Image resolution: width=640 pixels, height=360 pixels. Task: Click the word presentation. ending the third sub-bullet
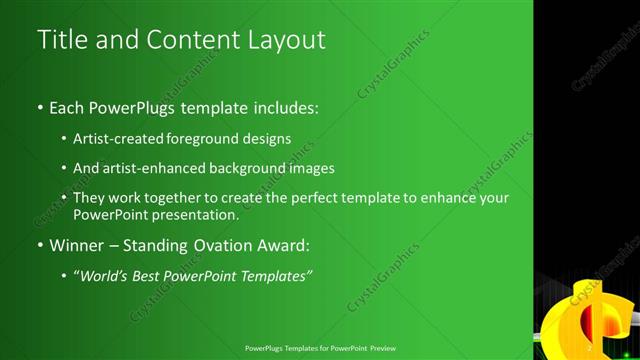190,214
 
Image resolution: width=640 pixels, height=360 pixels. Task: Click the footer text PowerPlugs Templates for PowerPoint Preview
319,348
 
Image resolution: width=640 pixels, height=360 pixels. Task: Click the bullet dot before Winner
40,245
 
